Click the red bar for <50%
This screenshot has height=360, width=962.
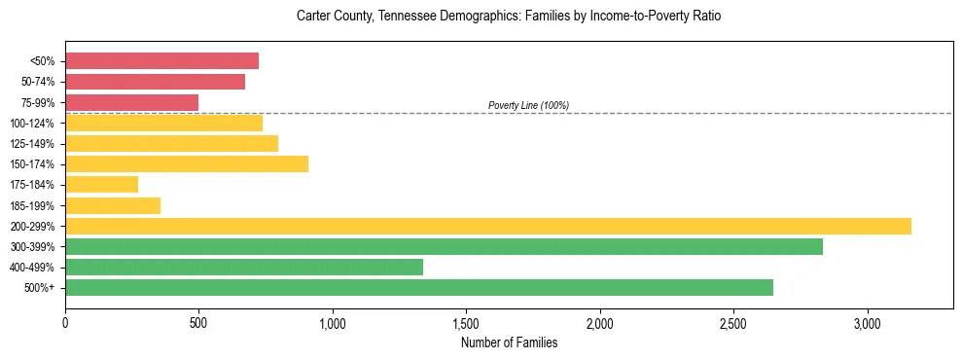pyautogui.click(x=161, y=61)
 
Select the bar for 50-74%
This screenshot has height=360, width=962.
pyautogui.click(x=155, y=82)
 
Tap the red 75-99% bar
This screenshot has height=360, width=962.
pyautogui.click(x=131, y=102)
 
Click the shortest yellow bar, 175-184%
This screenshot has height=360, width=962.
pyautogui.click(x=101, y=184)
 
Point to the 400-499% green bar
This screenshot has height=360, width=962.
pyautogui.click(x=244, y=267)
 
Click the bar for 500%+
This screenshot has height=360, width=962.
pyautogui.click(x=419, y=287)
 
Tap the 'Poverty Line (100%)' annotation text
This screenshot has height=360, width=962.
pyautogui.click(x=528, y=105)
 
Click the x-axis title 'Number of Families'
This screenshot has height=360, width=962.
pyautogui.click(x=509, y=342)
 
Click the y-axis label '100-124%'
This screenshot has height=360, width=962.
pyautogui.click(x=32, y=124)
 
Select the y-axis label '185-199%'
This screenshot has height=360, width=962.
pyautogui.click(x=32, y=205)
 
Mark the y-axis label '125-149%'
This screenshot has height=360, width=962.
pyautogui.click(x=32, y=144)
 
